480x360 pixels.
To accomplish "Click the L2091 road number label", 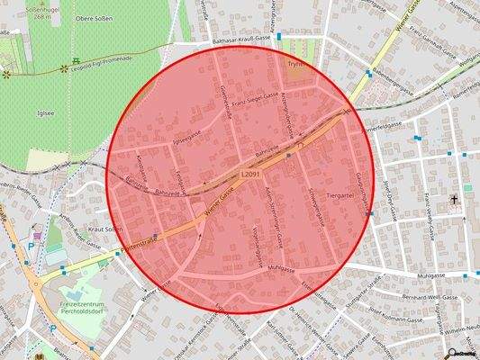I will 253,174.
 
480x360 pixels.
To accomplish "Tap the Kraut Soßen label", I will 105,229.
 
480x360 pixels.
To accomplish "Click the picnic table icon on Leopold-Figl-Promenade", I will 64,67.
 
